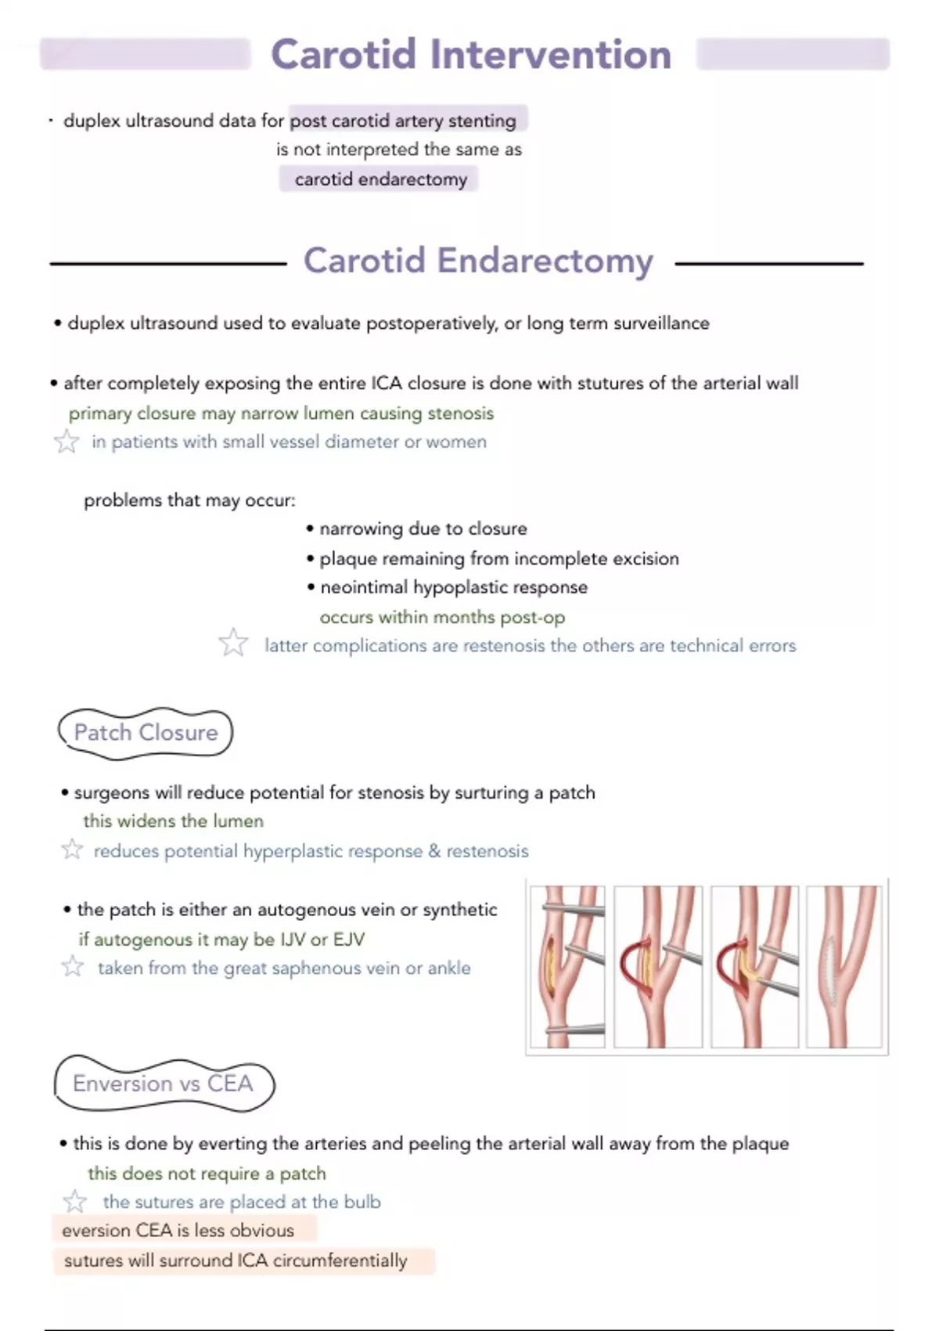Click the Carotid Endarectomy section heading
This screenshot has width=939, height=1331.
478,261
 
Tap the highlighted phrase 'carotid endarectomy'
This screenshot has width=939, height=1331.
380,179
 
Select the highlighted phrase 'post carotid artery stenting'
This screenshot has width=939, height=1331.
404,121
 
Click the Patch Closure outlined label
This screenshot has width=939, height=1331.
146,733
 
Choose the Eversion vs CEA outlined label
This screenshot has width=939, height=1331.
163,1084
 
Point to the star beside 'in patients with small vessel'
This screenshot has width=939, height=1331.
67,442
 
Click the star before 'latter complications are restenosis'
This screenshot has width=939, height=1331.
233,644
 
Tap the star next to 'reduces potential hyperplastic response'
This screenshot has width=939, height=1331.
72,849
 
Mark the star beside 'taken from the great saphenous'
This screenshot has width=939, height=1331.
73,967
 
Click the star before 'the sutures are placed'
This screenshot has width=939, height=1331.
75,1201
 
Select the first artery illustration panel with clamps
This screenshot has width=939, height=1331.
567,966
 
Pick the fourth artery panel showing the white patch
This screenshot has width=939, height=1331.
844,966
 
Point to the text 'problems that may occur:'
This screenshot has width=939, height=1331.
189,500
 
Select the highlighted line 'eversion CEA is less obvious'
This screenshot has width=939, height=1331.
178,1231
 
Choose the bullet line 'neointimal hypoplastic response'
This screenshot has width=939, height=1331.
453,587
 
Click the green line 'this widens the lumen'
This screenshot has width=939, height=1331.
173,821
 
